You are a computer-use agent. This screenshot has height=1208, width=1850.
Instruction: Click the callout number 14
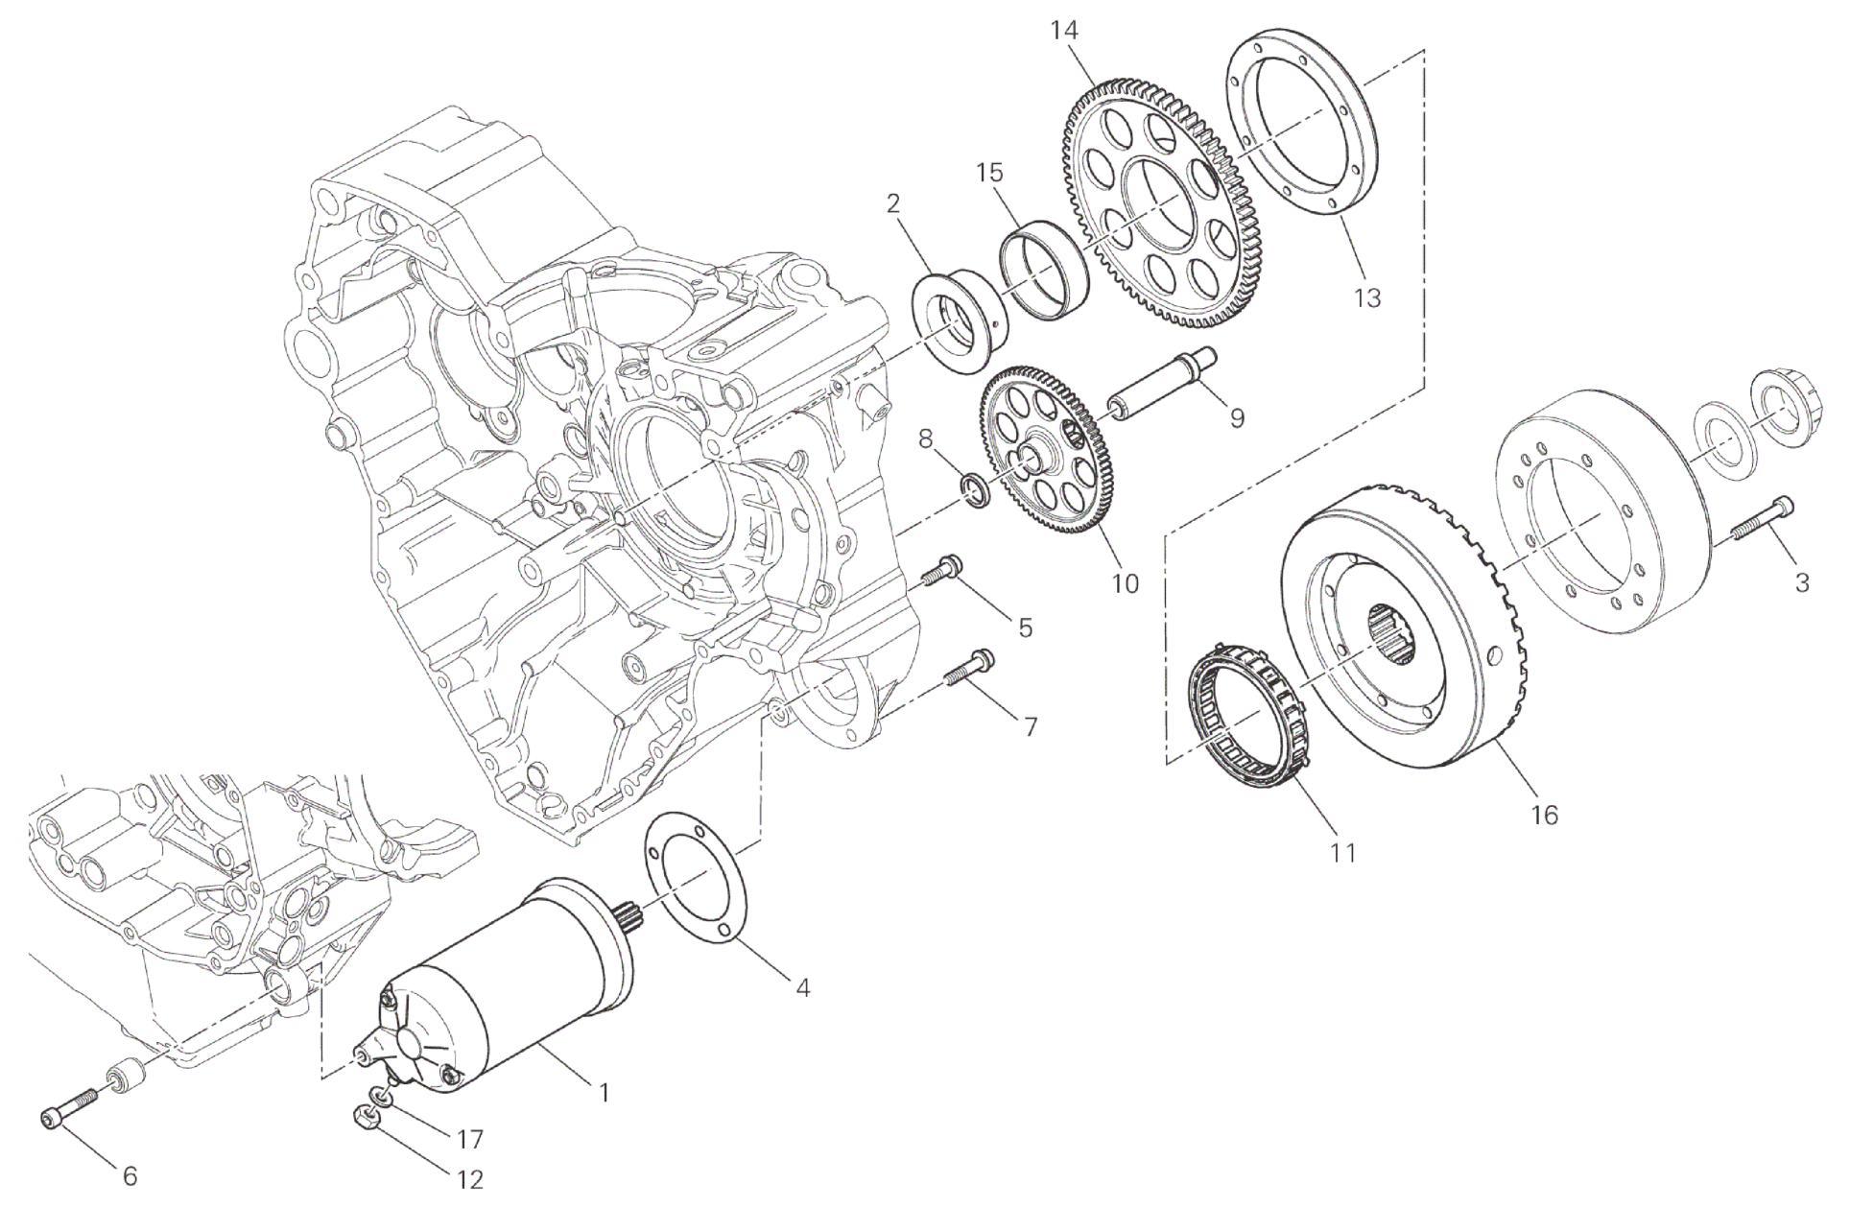pyautogui.click(x=1064, y=31)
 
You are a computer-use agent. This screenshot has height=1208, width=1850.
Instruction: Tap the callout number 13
pyautogui.click(x=1366, y=297)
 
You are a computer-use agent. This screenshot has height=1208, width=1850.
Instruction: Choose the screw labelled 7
pyautogui.click(x=968, y=670)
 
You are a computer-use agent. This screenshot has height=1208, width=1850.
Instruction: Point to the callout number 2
pyautogui.click(x=893, y=202)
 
